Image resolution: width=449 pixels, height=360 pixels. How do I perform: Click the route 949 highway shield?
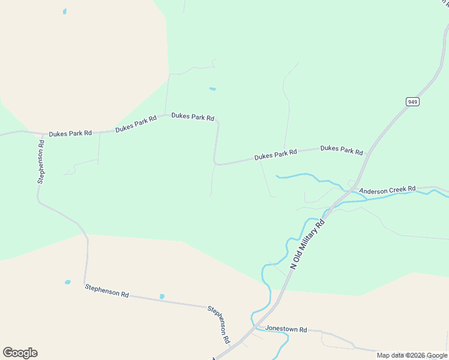[412, 102]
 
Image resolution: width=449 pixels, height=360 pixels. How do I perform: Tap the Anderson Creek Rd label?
[387, 190]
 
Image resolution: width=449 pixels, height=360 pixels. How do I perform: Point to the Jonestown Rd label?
[286, 330]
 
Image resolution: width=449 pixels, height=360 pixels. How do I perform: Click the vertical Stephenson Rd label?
[41, 161]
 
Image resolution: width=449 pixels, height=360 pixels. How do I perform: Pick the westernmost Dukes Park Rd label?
[70, 133]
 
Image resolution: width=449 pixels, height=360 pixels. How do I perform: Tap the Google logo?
[20, 353]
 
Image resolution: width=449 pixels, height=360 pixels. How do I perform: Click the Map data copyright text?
[412, 355]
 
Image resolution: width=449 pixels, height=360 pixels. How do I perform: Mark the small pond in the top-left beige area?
[64, 11]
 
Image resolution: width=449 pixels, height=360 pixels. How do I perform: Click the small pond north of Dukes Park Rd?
[212, 89]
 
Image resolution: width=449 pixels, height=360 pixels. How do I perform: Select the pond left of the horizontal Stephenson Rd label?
[68, 281]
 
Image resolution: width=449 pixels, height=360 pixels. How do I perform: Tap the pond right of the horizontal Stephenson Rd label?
[162, 296]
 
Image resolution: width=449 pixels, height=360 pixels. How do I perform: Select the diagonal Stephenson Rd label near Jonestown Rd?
[219, 325]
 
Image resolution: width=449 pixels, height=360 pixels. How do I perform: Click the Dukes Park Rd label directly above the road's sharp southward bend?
[193, 117]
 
